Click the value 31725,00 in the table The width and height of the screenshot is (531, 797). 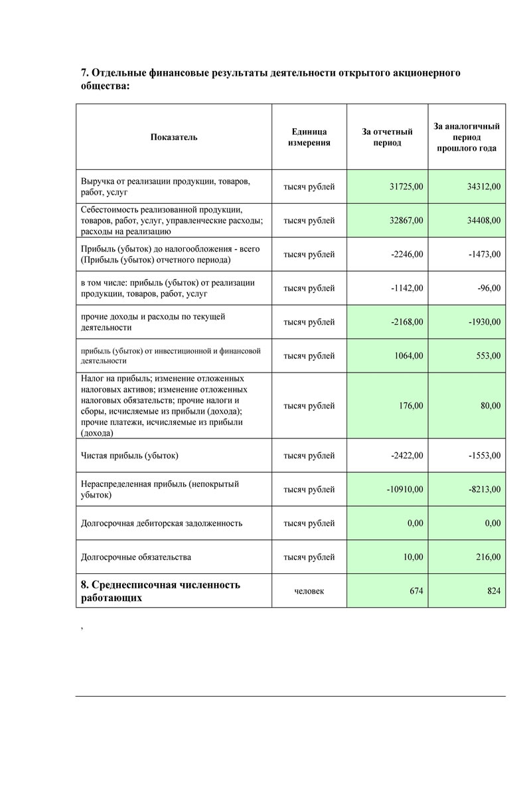pyautogui.click(x=406, y=187)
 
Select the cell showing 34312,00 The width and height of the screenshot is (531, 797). pyautogui.click(x=484, y=187)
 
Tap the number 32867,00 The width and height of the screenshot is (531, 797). pyautogui.click(x=406, y=221)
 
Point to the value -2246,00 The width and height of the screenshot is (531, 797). pyautogui.click(x=407, y=254)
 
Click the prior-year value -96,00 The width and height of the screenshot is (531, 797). pyautogui.click(x=489, y=288)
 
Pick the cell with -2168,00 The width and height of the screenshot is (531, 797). pyautogui.click(x=407, y=322)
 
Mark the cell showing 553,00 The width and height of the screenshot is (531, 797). pyautogui.click(x=489, y=356)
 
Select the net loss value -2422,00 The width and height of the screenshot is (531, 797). pyautogui.click(x=407, y=456)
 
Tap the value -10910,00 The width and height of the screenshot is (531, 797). pyautogui.click(x=404, y=489)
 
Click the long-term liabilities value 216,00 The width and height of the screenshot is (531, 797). pyautogui.click(x=489, y=557)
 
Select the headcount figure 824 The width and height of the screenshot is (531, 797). pyautogui.click(x=494, y=591)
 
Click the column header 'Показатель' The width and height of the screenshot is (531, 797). pyautogui.click(x=174, y=137)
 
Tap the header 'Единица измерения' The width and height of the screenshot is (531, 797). pyautogui.click(x=309, y=137)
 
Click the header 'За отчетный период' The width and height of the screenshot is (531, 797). pyautogui.click(x=388, y=137)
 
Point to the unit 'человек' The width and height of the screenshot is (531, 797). pyautogui.click(x=309, y=591)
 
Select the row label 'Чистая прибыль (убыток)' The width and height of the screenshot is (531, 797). pyautogui.click(x=129, y=456)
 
